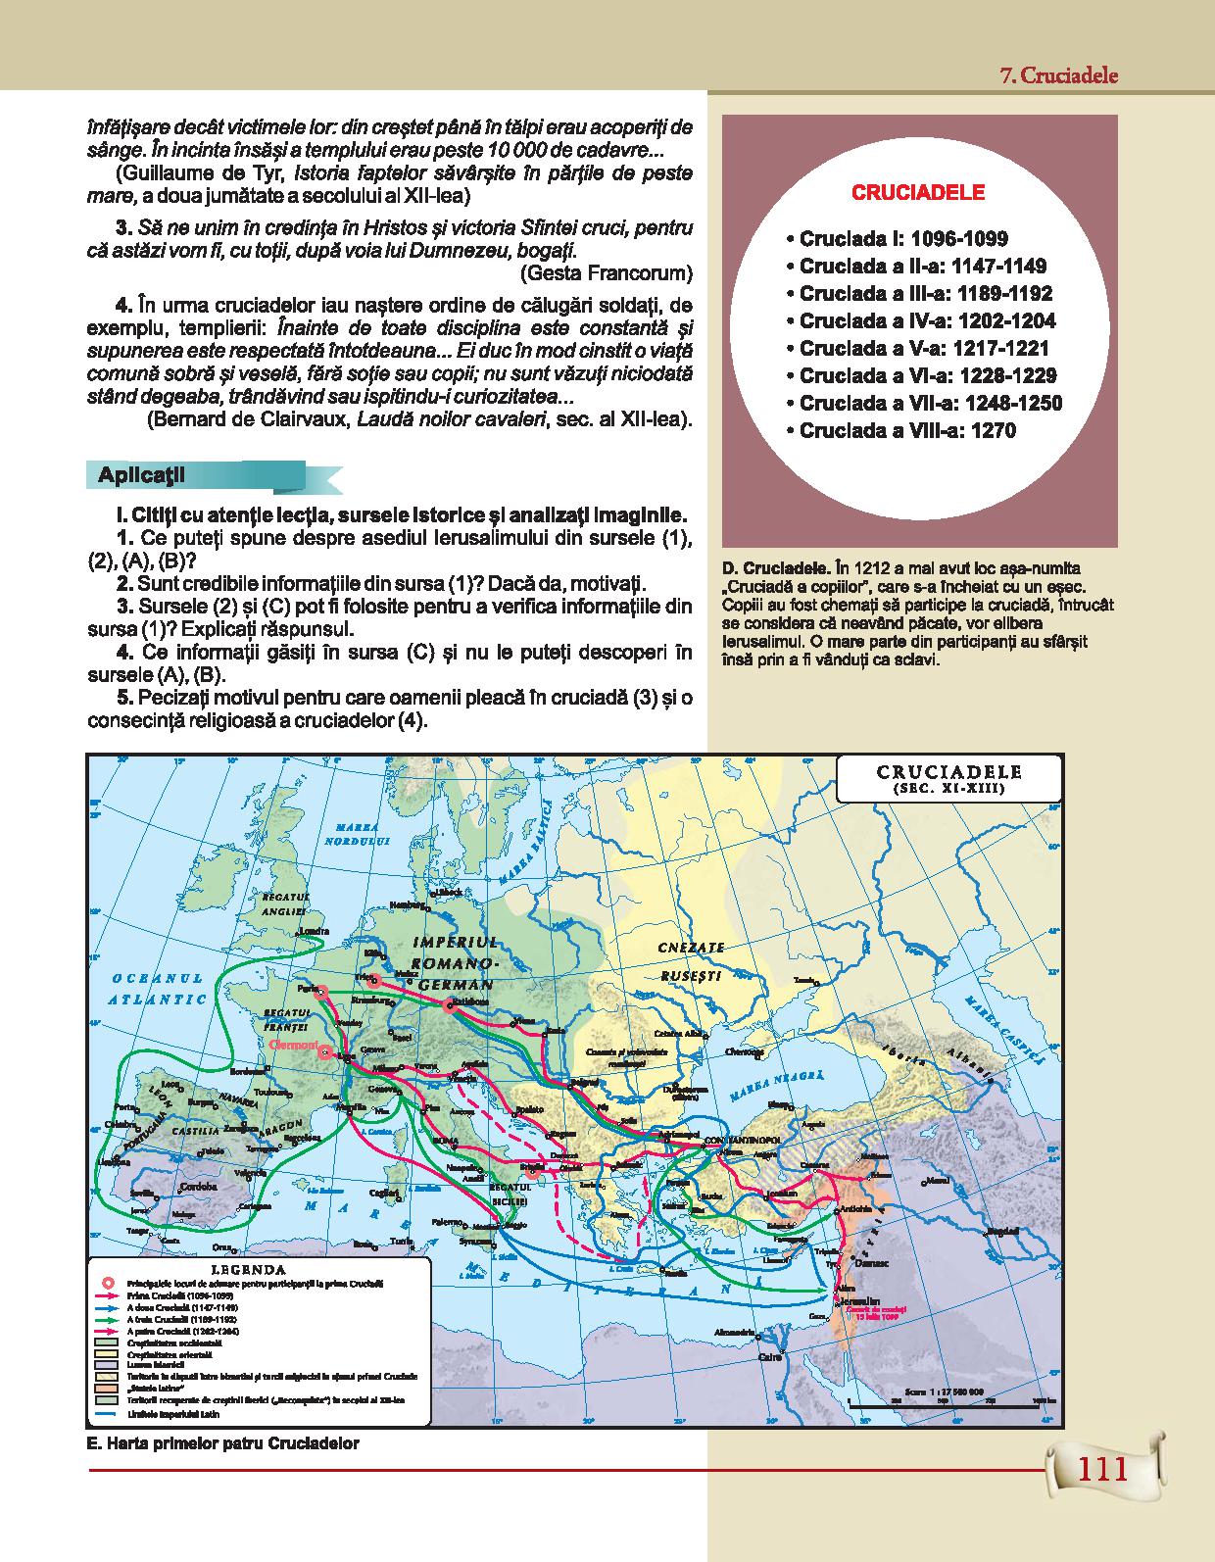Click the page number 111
click(x=1102, y=1470)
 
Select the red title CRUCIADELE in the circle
click(x=918, y=193)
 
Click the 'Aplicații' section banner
click(x=143, y=475)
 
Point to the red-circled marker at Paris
click(x=319, y=991)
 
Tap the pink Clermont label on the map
click(x=294, y=1047)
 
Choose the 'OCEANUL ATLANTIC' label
click(x=157, y=989)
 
